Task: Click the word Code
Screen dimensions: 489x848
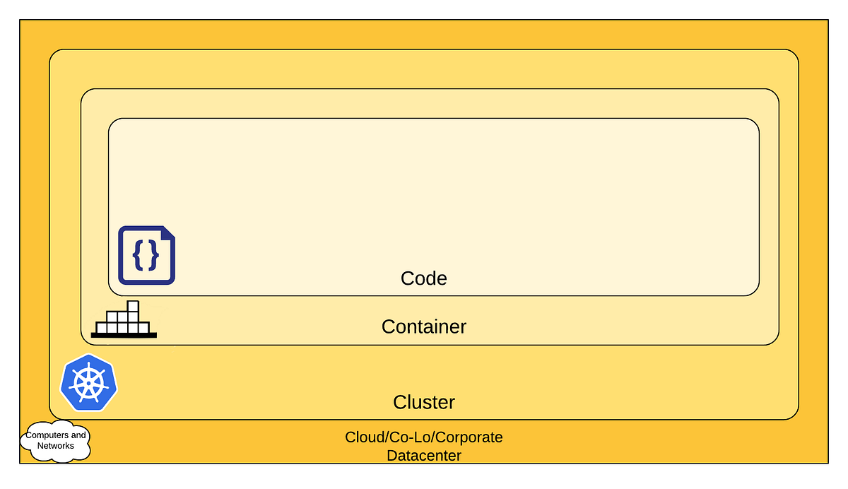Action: point(423,278)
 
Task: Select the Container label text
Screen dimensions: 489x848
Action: point(423,326)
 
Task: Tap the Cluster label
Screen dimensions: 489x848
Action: point(423,402)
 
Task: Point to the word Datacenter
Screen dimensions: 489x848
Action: point(423,456)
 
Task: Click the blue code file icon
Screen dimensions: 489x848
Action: point(146,255)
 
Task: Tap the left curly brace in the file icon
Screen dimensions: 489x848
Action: point(138,256)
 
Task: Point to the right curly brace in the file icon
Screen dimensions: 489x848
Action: point(155,256)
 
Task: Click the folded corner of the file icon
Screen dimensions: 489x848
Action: point(168,232)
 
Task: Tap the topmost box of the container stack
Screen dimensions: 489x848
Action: point(132,306)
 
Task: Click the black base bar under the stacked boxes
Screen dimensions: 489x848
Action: point(124,335)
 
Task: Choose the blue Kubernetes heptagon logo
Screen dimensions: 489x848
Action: point(88,382)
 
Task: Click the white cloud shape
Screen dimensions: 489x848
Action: point(57,441)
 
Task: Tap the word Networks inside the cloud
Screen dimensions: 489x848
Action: point(56,446)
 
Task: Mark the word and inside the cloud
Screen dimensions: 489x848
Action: point(79,435)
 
